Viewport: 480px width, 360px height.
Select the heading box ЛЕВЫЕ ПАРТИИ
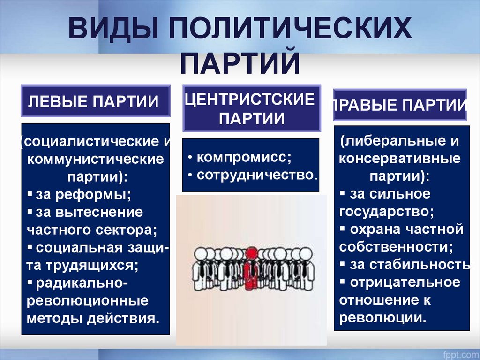click(x=96, y=101)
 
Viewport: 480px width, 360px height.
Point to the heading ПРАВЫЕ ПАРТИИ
click(x=400, y=105)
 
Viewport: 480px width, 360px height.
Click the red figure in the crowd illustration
click(x=252, y=268)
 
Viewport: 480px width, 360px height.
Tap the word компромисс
click(x=244, y=157)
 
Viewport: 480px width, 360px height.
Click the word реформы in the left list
click(x=93, y=195)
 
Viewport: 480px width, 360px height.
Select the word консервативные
click(x=400, y=159)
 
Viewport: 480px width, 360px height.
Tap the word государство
click(x=386, y=212)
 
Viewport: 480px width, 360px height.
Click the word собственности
click(x=396, y=247)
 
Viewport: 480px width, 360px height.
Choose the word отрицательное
click(x=405, y=283)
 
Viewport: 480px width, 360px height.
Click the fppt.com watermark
click(x=461, y=355)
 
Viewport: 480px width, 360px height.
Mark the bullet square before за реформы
click(x=30, y=193)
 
